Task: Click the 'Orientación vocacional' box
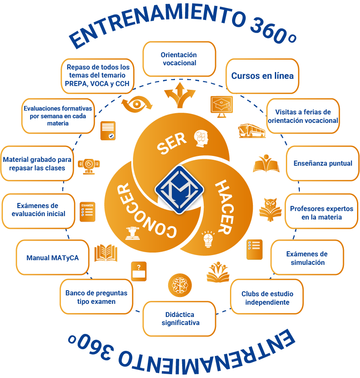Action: tap(179, 59)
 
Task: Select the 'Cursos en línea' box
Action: tap(262, 76)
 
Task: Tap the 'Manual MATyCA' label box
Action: tap(53, 258)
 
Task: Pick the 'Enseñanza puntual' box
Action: tap(323, 163)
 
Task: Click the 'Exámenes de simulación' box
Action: tap(307, 258)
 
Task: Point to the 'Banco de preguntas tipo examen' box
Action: tap(96, 297)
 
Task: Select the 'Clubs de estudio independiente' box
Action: tap(267, 297)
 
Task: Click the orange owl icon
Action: tap(270, 209)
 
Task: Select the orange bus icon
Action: tap(252, 131)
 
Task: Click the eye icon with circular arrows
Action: tap(137, 104)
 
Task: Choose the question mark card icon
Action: tap(139, 271)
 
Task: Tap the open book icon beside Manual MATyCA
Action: tap(106, 253)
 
